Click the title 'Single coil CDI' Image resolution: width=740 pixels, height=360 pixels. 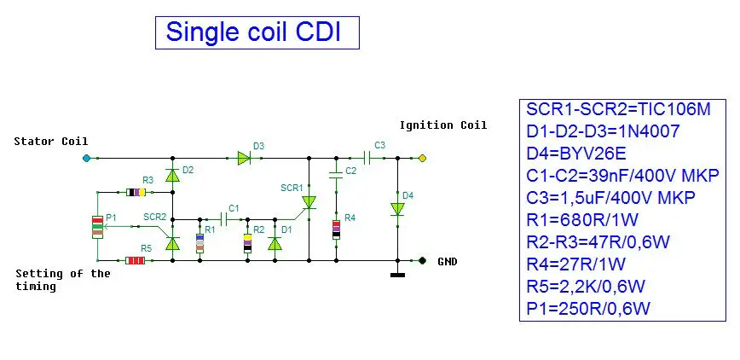click(x=253, y=32)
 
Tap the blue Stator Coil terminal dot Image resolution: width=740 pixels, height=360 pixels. click(x=85, y=158)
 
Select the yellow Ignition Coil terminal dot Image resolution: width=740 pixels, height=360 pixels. click(x=421, y=158)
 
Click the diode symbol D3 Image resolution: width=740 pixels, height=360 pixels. click(x=244, y=158)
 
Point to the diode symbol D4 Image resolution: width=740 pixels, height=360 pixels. click(x=397, y=208)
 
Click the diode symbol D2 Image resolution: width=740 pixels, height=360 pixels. click(x=172, y=176)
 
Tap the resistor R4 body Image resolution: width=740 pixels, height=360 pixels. click(x=337, y=229)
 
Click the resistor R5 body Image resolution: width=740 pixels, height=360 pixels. click(x=135, y=260)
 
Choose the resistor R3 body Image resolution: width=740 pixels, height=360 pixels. click(x=135, y=192)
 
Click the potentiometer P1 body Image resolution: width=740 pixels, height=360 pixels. click(x=98, y=227)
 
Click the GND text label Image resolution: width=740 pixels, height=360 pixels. click(x=447, y=261)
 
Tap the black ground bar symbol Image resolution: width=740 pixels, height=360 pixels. click(x=397, y=275)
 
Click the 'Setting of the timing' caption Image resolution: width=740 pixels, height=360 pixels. click(x=63, y=280)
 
